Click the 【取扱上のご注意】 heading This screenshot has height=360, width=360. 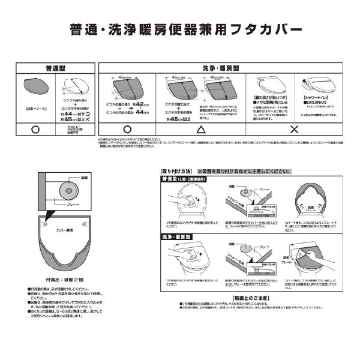point(251,298)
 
